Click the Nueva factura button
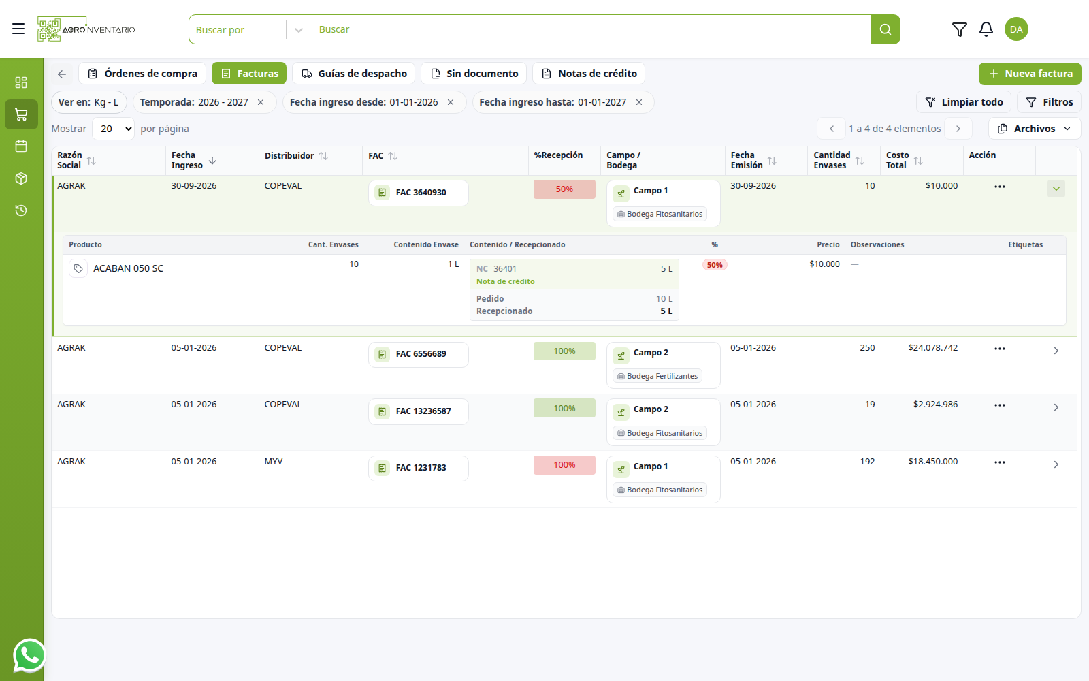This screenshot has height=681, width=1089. click(1030, 74)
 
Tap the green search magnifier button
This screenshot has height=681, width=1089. click(885, 29)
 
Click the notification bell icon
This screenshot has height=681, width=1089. click(986, 29)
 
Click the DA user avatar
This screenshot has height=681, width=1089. click(1016, 29)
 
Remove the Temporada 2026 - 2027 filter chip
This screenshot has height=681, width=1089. click(261, 102)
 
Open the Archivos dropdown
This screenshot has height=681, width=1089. click(1035, 129)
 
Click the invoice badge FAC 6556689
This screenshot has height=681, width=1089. click(418, 354)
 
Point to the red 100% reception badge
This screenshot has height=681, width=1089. click(564, 465)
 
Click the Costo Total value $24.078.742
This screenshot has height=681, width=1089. click(932, 348)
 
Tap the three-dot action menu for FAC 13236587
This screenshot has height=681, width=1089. click(1000, 405)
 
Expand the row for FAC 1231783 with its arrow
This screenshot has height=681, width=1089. click(1056, 464)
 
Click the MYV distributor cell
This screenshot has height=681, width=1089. click(274, 461)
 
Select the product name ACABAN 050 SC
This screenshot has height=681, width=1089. click(129, 268)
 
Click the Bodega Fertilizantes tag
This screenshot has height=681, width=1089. click(657, 376)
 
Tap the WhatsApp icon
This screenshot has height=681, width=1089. click(29, 655)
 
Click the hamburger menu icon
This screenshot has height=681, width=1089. click(18, 29)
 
